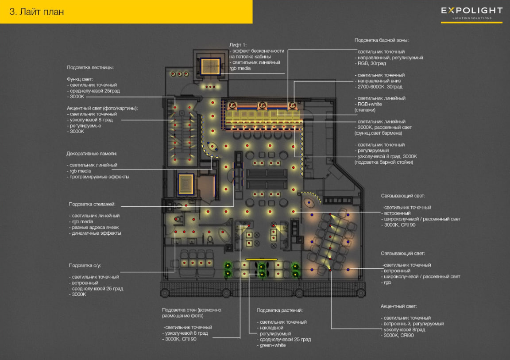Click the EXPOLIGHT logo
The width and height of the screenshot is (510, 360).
click(471, 13)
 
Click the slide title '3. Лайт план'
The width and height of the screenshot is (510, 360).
click(36, 12)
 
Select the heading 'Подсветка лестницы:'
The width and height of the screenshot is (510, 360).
click(90, 68)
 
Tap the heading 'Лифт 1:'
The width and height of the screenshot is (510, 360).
click(238, 45)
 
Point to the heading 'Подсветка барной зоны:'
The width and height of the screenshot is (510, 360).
click(382, 40)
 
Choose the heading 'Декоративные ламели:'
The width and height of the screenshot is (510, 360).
click(92, 154)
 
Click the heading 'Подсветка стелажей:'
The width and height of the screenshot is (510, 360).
click(92, 204)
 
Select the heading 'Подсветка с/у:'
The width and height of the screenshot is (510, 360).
click(85, 265)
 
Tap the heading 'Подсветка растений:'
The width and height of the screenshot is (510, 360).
click(280, 310)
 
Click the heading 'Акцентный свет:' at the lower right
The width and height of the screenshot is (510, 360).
click(399, 306)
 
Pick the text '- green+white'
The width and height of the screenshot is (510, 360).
click(271, 345)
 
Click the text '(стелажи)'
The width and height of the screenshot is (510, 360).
click(365, 110)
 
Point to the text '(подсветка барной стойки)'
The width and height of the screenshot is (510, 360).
click(384, 162)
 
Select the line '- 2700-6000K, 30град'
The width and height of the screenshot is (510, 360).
click(379, 87)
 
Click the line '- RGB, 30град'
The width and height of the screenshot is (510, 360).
click(371, 63)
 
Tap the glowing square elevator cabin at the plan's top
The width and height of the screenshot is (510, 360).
click(210, 66)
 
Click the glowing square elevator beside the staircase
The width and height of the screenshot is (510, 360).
click(186, 184)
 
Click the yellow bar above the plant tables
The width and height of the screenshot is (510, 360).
click(262, 259)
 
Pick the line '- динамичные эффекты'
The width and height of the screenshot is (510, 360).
click(95, 233)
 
